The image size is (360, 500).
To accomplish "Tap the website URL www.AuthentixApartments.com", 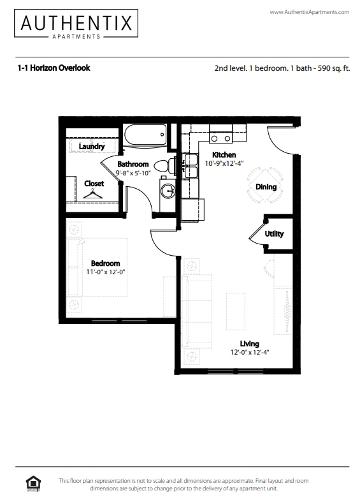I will click(309, 12).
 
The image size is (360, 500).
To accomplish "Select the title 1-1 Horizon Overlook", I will click(54, 68).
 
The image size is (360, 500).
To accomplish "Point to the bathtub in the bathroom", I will click(145, 135).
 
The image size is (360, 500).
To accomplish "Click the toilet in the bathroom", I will click(163, 167).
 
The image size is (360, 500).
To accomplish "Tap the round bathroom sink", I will click(168, 191).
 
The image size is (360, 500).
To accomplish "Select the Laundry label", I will click(92, 147).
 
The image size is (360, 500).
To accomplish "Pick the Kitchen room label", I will click(224, 155).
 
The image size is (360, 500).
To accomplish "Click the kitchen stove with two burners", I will click(222, 138).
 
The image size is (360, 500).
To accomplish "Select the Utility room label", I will click(275, 234).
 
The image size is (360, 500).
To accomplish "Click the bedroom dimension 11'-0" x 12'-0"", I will click(105, 272).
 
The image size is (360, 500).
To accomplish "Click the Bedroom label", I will click(105, 263).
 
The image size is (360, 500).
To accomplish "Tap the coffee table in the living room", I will click(236, 311).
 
